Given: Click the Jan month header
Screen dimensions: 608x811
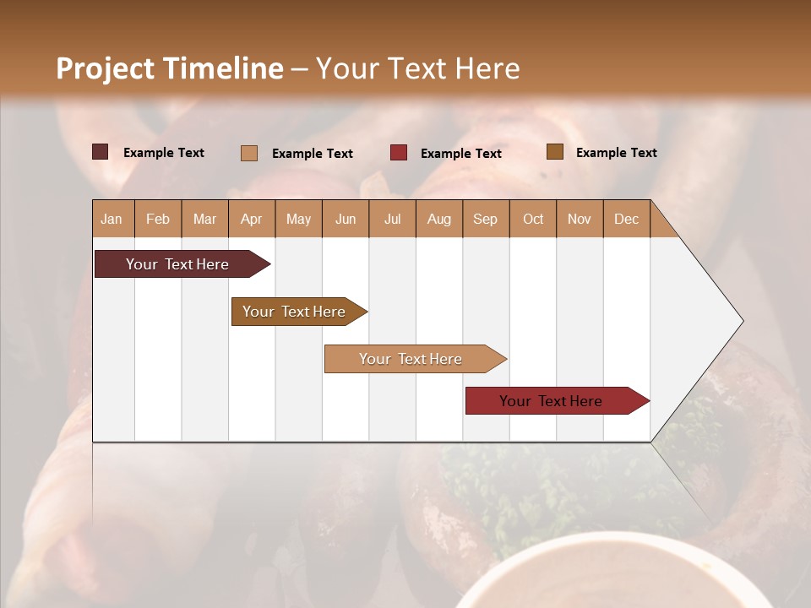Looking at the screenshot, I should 112,219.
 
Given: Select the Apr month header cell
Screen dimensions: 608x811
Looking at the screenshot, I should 251,219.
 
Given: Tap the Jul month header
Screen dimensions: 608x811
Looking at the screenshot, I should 392,219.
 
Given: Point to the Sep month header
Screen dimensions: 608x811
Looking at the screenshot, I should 485,219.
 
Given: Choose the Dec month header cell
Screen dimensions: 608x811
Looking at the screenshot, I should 626,219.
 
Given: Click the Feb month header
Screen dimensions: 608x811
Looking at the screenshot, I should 158,219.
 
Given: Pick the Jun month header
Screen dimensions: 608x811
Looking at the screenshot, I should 346,219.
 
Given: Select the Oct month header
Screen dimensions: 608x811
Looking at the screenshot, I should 533,219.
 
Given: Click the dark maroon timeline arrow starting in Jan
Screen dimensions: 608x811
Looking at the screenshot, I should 178,264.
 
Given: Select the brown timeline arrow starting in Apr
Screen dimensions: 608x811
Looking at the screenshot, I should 295,312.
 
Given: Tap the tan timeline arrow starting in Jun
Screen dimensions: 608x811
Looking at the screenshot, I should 411,359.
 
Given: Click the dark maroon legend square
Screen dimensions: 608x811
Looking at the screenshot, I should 101,152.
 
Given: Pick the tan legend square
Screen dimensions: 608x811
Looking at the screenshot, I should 249,153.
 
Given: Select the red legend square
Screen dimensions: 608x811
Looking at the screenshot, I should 399,153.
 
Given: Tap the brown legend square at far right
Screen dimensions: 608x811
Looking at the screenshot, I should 555,152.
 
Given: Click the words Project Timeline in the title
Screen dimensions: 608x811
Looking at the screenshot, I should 169,68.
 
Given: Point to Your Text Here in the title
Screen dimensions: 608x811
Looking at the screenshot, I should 417,68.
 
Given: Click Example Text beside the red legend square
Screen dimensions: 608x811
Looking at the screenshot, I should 460,154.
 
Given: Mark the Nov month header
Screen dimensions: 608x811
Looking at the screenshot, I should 580,219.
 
